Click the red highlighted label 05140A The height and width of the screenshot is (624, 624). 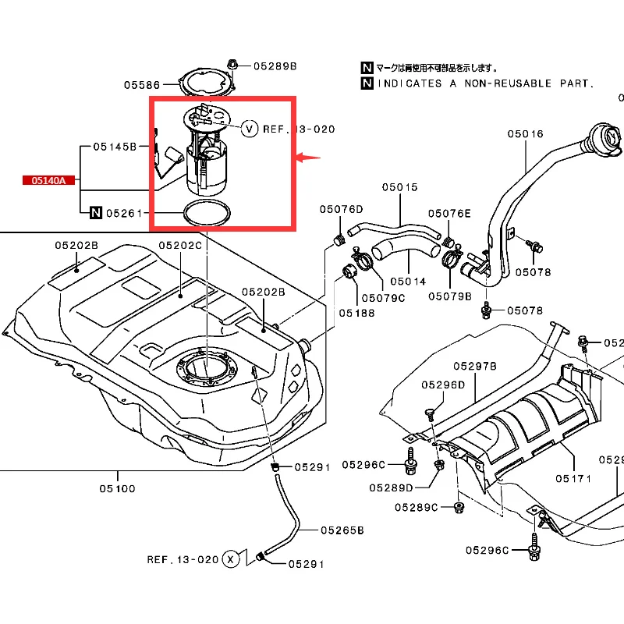tap(48, 180)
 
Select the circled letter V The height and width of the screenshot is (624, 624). tap(249, 128)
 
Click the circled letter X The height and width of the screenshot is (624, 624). tap(230, 558)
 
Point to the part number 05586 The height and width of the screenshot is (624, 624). tap(142, 84)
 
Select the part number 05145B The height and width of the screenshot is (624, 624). tap(115, 146)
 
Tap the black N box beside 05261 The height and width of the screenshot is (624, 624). tap(96, 212)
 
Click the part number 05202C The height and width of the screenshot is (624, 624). tap(180, 245)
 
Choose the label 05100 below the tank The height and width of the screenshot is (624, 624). tap(116, 489)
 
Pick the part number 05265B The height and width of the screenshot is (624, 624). tap(342, 530)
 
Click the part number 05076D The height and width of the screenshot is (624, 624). tap(341, 208)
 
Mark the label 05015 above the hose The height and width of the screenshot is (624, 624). tap(399, 186)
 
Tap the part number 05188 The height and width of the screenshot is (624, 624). tap(356, 312)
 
